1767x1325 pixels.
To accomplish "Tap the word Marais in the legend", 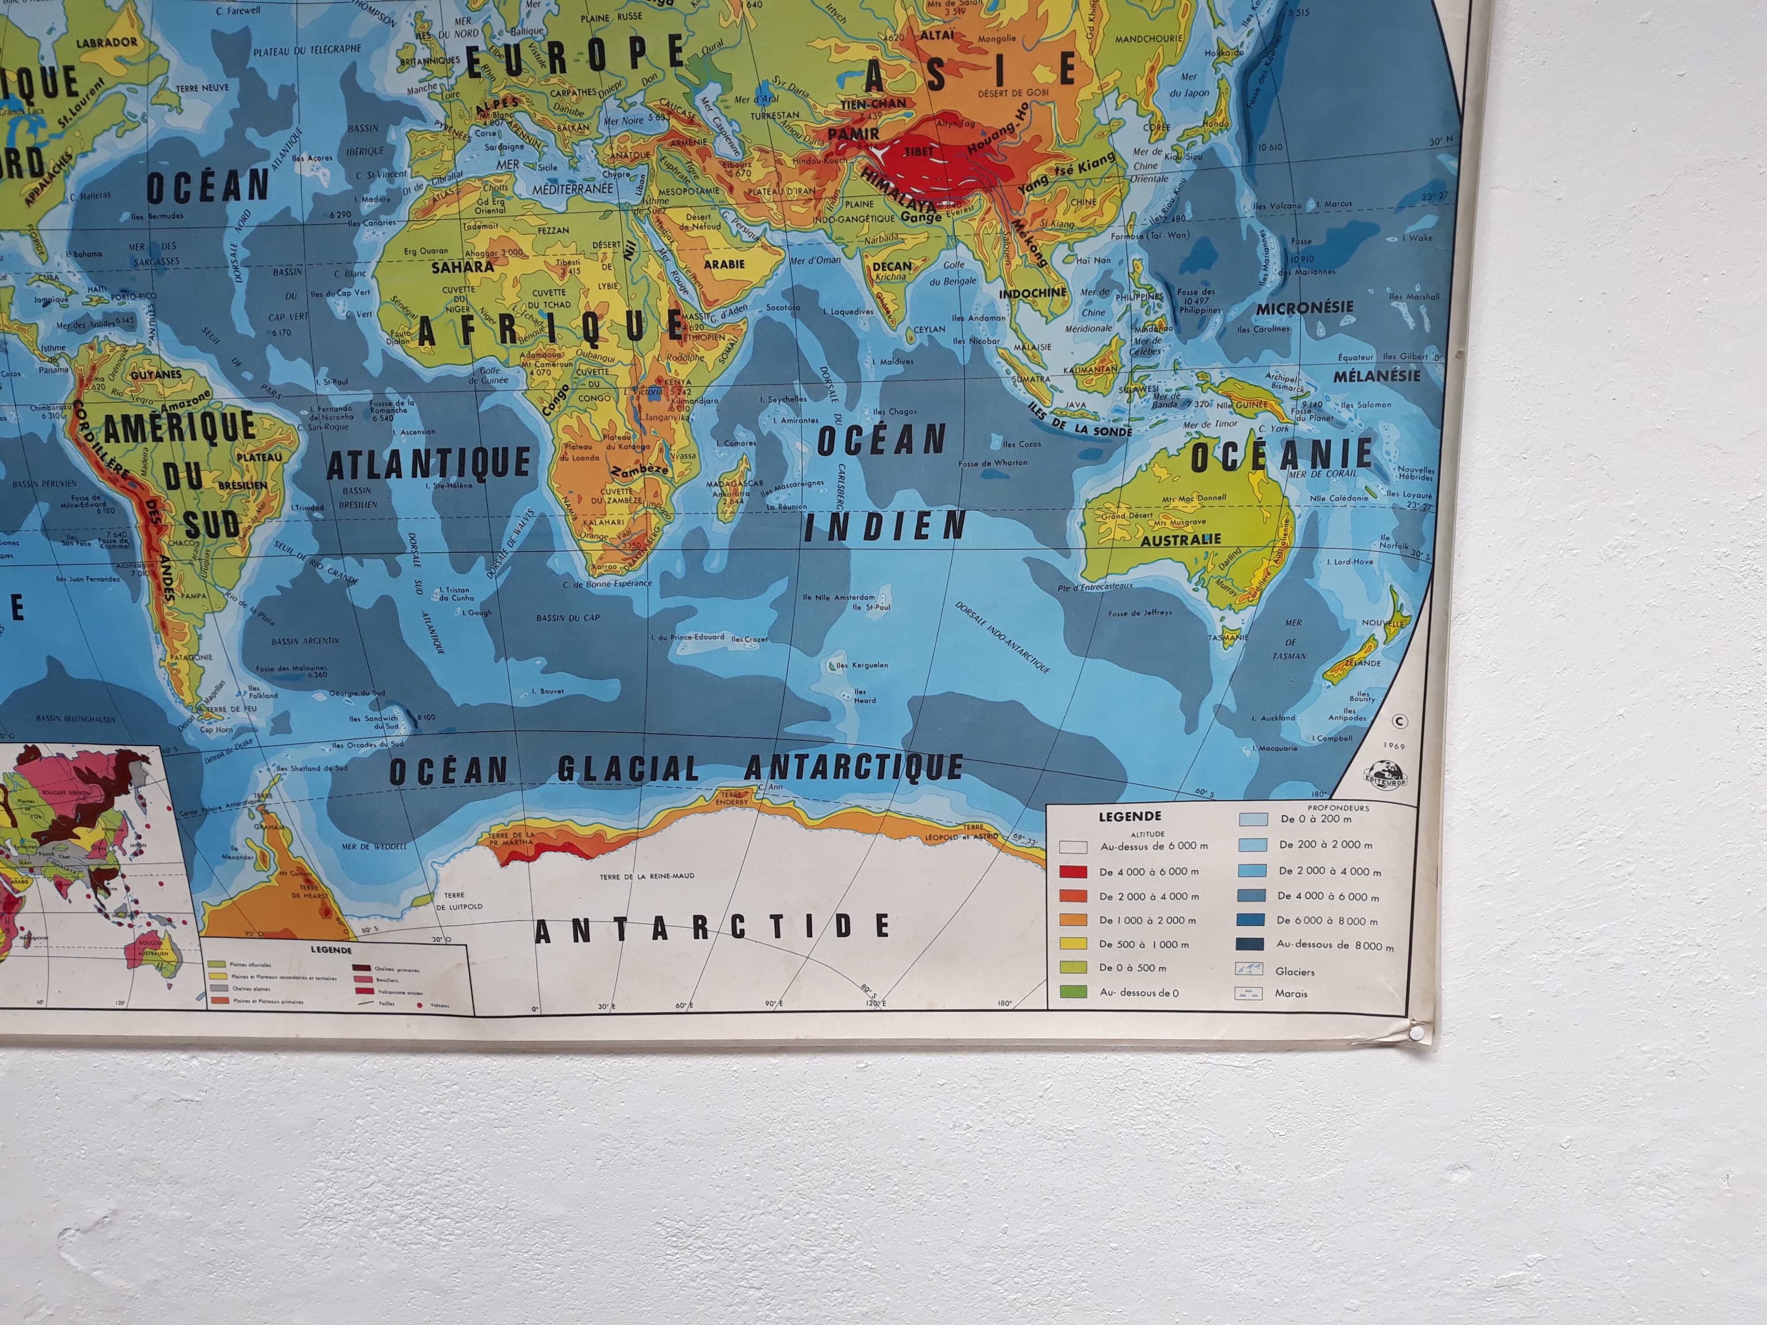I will click(x=1292, y=994).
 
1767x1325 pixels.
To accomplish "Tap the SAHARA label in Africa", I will click(x=463, y=268).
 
